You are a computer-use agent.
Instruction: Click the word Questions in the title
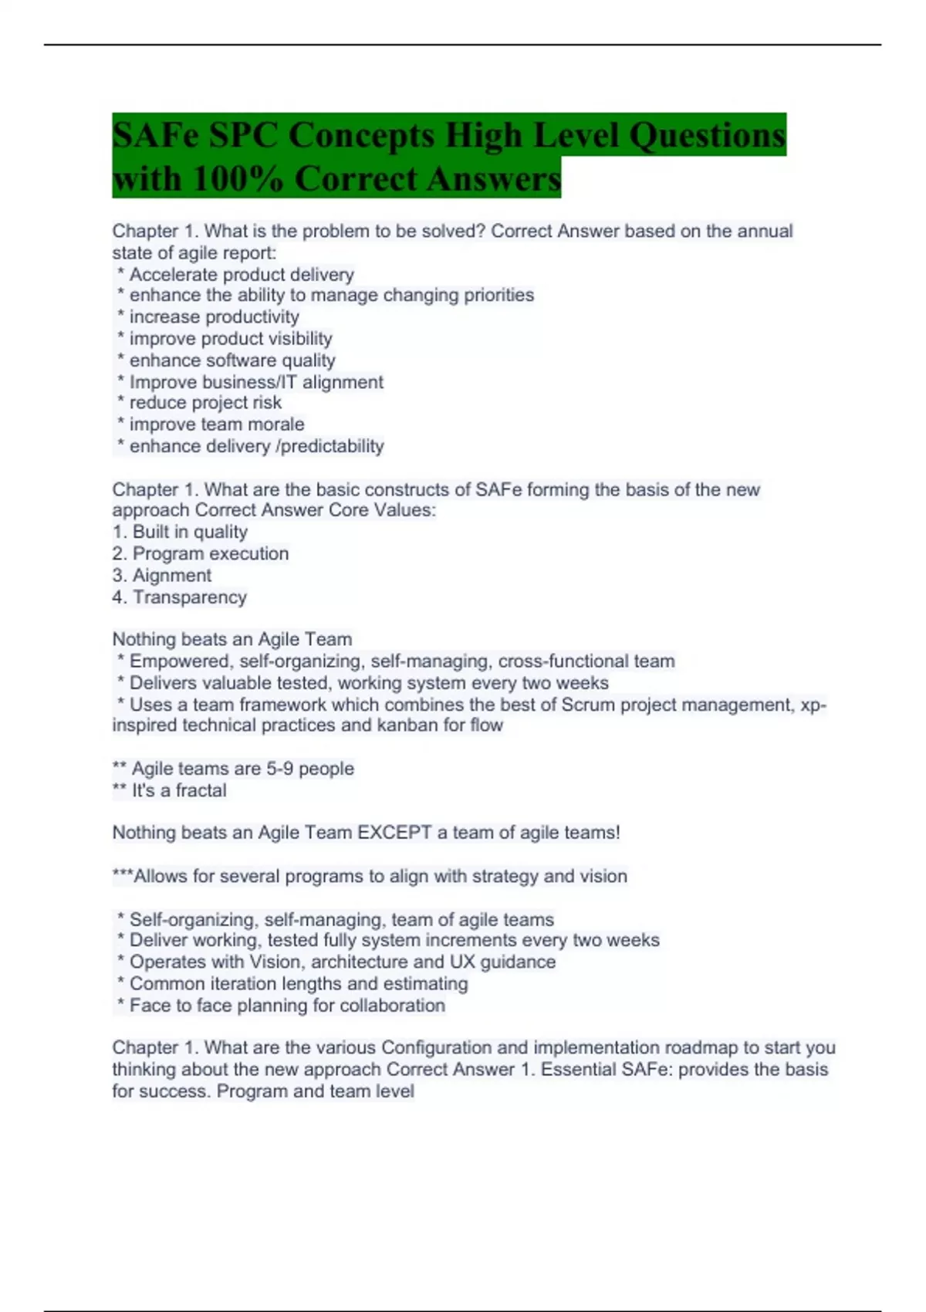pos(707,136)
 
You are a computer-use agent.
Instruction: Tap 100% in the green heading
pos(238,179)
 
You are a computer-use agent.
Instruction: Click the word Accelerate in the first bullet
pos(171,274)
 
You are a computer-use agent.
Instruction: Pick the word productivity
pos(252,316)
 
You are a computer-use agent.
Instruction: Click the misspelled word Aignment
pos(171,575)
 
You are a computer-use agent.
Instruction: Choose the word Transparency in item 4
pos(190,597)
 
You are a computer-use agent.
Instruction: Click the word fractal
pos(201,790)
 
